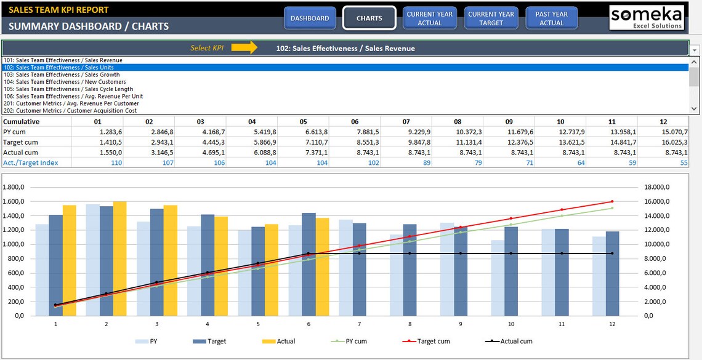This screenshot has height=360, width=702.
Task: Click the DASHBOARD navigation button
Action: pyautogui.click(x=310, y=18)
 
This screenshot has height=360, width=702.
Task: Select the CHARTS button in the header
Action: pyautogui.click(x=369, y=18)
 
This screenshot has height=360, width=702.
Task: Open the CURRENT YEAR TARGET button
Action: pyautogui.click(x=491, y=18)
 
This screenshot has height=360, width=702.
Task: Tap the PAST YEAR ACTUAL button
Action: pyautogui.click(x=551, y=18)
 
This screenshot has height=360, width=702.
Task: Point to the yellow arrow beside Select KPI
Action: pyautogui.click(x=244, y=48)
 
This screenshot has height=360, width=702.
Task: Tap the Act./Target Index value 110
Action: pyautogui.click(x=115, y=162)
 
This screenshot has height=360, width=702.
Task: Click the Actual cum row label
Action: pyautogui.click(x=20, y=153)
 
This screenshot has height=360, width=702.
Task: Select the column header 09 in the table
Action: pyautogui.click(x=509, y=122)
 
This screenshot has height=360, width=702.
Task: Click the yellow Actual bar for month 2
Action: pyautogui.click(x=119, y=258)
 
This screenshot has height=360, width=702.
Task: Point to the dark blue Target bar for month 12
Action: pyautogui.click(x=612, y=274)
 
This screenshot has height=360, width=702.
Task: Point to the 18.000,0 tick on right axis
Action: pyautogui.click(x=656, y=187)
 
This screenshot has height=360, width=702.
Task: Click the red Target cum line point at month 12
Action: pyautogui.click(x=612, y=201)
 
